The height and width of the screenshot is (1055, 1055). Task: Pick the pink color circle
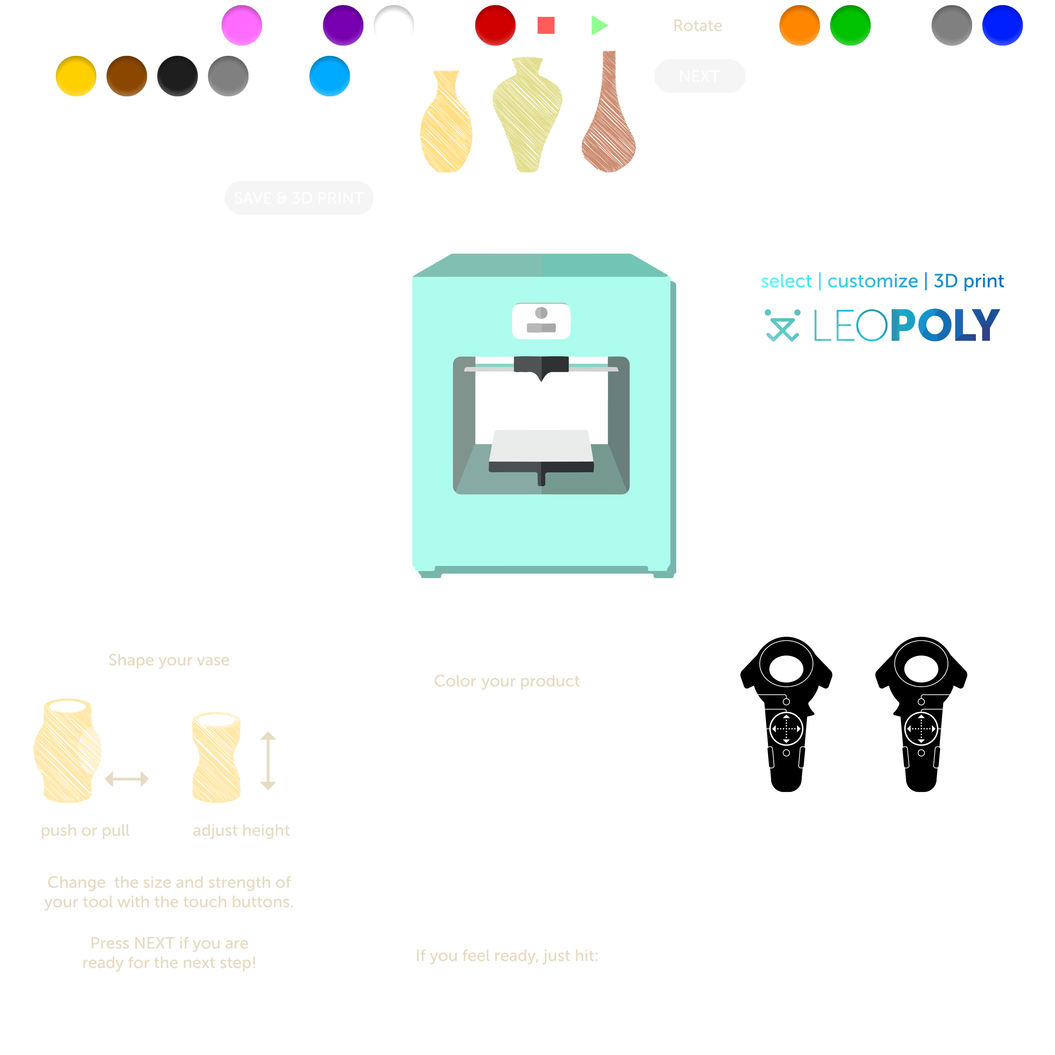click(241, 25)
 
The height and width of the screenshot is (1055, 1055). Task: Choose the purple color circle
click(343, 25)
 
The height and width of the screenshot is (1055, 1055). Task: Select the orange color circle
click(799, 25)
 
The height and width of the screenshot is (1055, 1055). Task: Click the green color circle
click(850, 25)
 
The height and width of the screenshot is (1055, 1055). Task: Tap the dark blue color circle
click(1002, 25)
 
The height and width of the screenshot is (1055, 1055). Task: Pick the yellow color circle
click(76, 76)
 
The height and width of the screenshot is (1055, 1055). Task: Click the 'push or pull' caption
click(85, 830)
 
